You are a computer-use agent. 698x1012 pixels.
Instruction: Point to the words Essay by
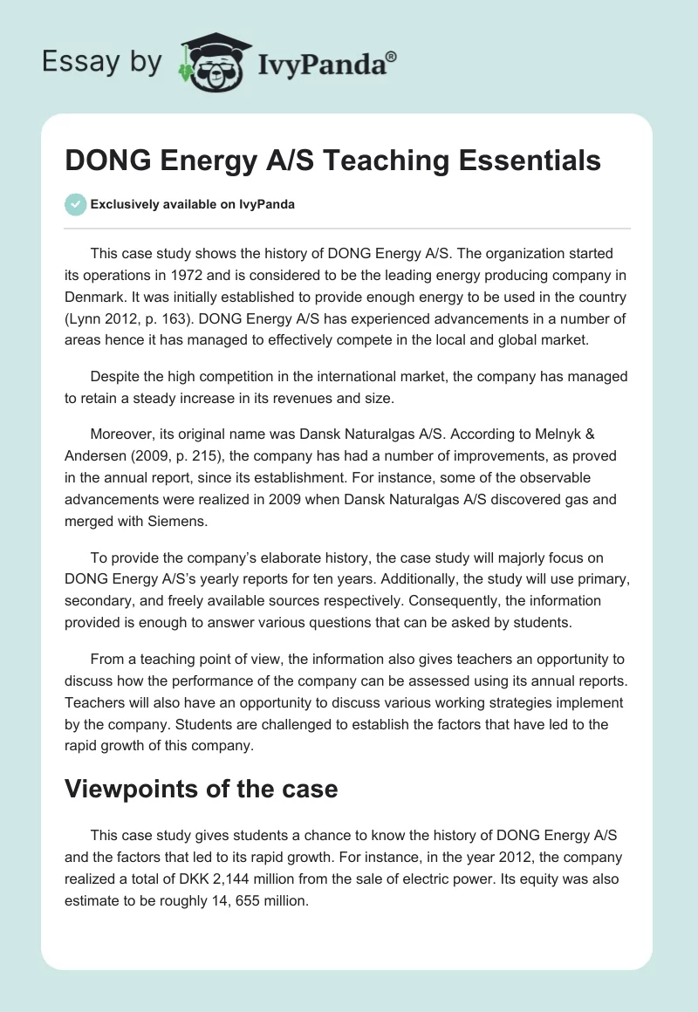point(101,62)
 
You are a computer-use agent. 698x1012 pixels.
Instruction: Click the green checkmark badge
point(75,204)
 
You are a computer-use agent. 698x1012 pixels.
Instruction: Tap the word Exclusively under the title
point(124,205)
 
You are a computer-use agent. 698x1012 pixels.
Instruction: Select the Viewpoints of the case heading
point(202,789)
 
